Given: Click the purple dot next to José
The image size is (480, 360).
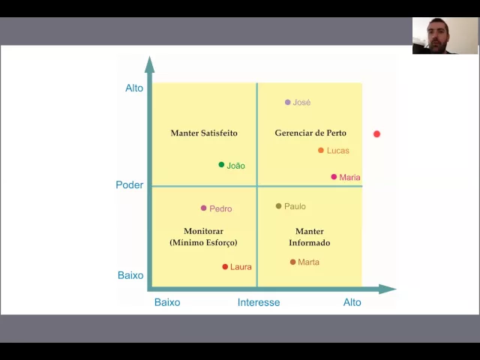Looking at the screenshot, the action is click(288, 102).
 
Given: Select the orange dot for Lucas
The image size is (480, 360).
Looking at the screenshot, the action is click(321, 151).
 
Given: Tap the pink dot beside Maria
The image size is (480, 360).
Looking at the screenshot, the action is click(334, 177).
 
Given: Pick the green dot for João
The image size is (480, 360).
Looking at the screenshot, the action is click(221, 165).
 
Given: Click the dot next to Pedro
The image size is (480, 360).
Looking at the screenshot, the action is click(203, 208).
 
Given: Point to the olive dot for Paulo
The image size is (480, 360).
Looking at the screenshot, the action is click(279, 206).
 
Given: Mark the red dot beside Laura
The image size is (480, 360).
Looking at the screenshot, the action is click(225, 267).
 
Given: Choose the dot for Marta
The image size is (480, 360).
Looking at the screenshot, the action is click(292, 262).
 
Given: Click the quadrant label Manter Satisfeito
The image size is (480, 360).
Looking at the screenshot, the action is click(204, 133).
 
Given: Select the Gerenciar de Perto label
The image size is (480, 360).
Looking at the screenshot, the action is click(310, 133).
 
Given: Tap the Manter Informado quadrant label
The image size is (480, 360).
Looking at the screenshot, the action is click(310, 237).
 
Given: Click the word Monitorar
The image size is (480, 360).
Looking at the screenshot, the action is click(203, 231).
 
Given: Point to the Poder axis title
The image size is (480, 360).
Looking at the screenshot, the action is click(129, 184).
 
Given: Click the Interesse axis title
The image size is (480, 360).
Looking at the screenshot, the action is click(259, 302).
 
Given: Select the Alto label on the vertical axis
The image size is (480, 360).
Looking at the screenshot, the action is click(134, 88).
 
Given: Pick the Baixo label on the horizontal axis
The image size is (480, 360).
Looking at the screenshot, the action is click(167, 302).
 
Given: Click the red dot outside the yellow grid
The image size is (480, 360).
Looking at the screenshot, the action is click(376, 134).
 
